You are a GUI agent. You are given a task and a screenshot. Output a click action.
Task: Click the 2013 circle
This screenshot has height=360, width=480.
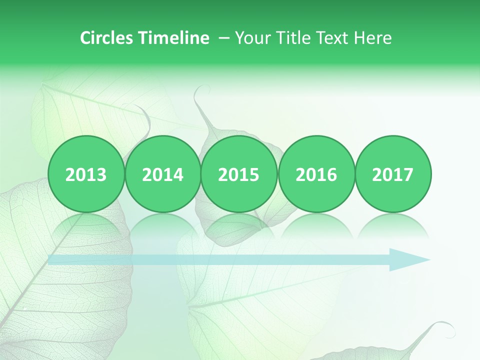pyautogui.click(x=86, y=174)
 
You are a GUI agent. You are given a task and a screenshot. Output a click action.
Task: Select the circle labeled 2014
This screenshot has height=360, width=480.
pyautogui.click(x=162, y=174)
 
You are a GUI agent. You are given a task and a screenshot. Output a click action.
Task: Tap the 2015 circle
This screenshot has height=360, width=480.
pyautogui.click(x=239, y=174)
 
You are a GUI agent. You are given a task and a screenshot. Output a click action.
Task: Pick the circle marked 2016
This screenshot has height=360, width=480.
pyautogui.click(x=316, y=174)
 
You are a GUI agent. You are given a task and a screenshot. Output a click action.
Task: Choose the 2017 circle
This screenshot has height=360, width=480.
pyautogui.click(x=393, y=174)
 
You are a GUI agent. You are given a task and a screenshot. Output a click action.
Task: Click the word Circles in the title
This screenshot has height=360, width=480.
pyautogui.click(x=107, y=38)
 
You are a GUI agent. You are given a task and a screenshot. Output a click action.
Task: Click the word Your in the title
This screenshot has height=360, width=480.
pyautogui.click(x=252, y=38)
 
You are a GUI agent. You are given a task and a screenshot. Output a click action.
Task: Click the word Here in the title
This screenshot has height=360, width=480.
pyautogui.click(x=372, y=38)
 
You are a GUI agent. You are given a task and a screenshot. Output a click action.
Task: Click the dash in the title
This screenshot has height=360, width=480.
pyautogui.click(x=224, y=38)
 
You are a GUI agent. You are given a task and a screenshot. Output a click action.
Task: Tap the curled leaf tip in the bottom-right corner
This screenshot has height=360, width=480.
pyautogui.click(x=445, y=327)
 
